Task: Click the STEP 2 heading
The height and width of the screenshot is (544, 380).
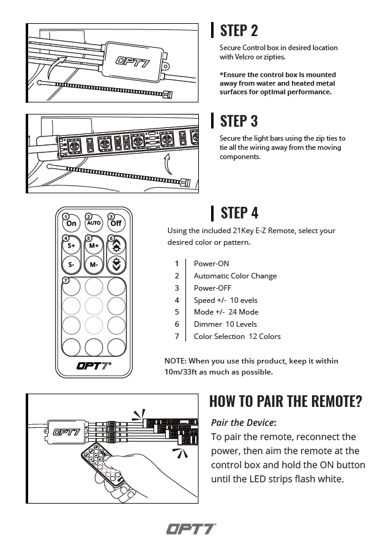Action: click(x=239, y=31)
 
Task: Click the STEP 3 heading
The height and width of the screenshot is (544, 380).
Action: click(x=239, y=121)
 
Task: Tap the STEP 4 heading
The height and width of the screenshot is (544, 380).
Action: click(x=239, y=213)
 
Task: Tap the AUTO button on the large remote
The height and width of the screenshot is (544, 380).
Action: click(x=94, y=223)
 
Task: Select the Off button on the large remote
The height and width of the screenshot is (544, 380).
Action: click(x=116, y=223)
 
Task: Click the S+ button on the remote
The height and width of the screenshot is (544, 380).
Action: click(x=71, y=245)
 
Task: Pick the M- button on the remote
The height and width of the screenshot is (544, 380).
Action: click(x=94, y=265)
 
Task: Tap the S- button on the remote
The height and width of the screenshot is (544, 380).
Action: click(x=71, y=265)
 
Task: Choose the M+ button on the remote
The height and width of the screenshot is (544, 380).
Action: click(x=94, y=245)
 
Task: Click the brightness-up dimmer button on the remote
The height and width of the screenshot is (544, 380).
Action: click(x=116, y=245)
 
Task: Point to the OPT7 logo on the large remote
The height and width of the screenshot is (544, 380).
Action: click(x=94, y=366)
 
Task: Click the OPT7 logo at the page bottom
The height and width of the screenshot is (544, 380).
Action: click(x=191, y=529)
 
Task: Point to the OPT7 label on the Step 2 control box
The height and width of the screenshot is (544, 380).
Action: click(x=133, y=62)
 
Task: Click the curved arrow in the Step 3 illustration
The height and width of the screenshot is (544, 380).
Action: click(x=168, y=164)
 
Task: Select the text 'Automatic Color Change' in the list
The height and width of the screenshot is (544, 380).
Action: click(x=236, y=276)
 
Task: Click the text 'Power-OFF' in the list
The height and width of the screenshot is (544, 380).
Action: click(x=212, y=288)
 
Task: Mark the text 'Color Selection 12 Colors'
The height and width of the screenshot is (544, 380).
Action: click(x=237, y=336)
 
